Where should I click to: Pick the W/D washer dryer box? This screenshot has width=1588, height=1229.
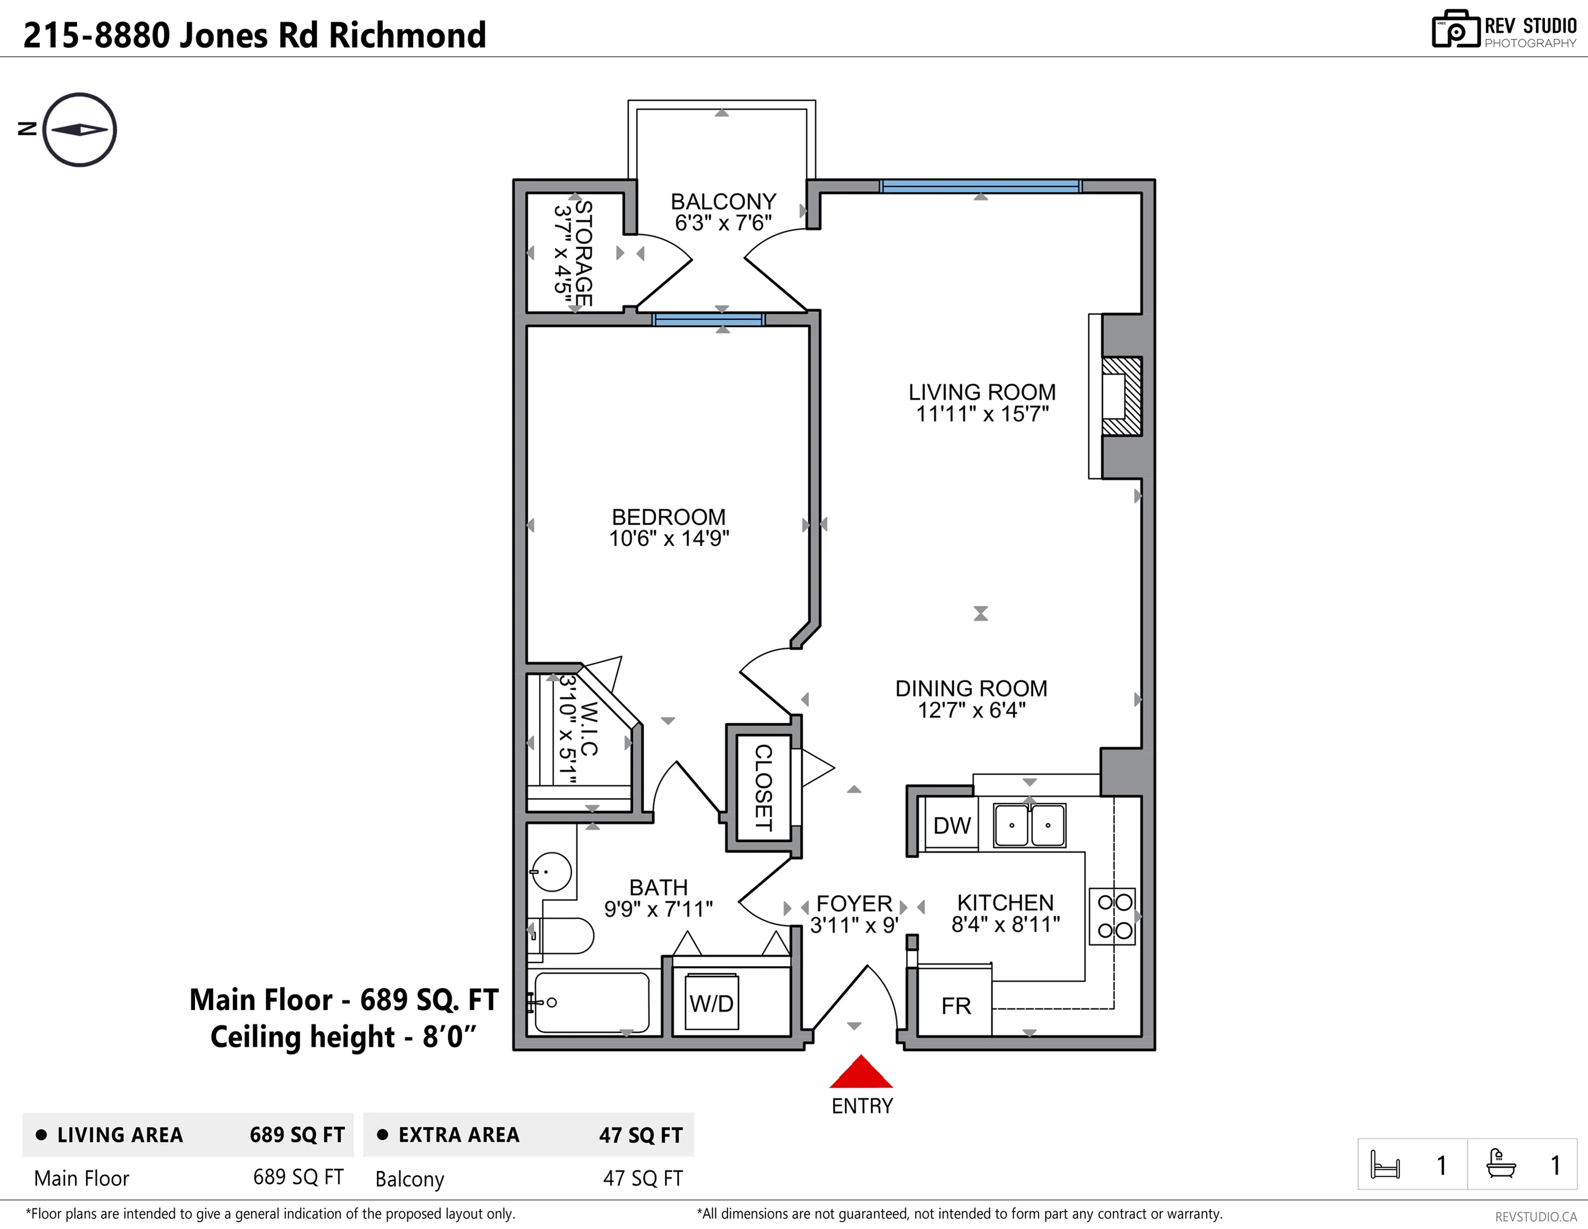(711, 1003)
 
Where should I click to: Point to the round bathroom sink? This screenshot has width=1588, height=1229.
(552, 871)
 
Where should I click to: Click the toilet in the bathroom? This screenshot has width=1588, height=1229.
(564, 935)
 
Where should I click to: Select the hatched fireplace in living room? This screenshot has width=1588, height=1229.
(1121, 396)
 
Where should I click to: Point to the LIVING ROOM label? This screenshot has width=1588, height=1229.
(982, 392)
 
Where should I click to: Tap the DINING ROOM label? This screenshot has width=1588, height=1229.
(971, 688)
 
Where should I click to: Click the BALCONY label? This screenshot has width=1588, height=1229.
(723, 201)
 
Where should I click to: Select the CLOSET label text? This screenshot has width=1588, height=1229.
(763, 788)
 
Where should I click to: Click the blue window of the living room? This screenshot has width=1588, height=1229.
(980, 186)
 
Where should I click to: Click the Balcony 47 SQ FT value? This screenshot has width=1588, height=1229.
(642, 1178)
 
